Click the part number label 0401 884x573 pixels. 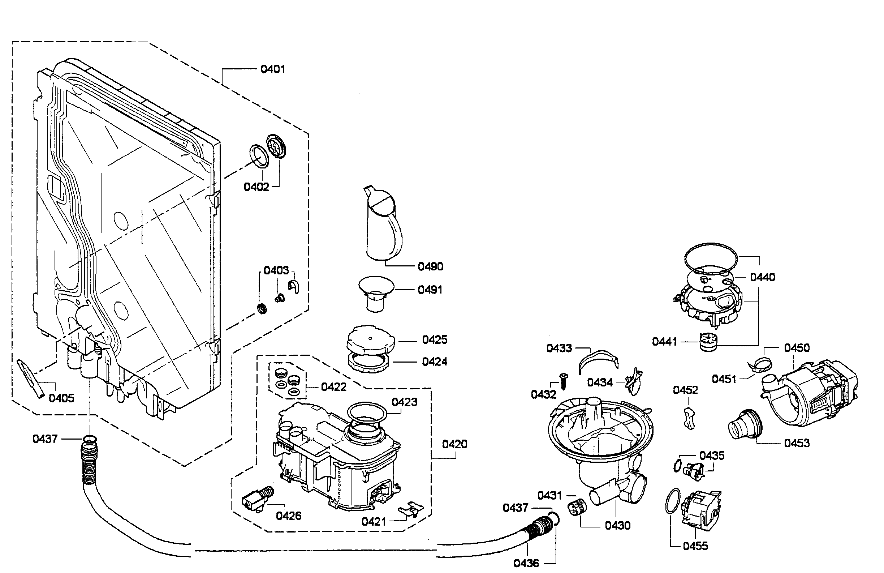[x=272, y=69]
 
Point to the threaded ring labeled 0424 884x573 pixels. [x=368, y=362]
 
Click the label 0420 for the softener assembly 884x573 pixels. [x=454, y=444]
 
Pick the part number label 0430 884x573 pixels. [x=617, y=525]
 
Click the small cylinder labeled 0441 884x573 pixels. [x=708, y=342]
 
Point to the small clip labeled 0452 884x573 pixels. [x=689, y=418]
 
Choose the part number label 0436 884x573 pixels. [x=526, y=563]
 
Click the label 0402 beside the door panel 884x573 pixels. [x=256, y=187]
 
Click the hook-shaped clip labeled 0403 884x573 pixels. [x=294, y=286]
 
